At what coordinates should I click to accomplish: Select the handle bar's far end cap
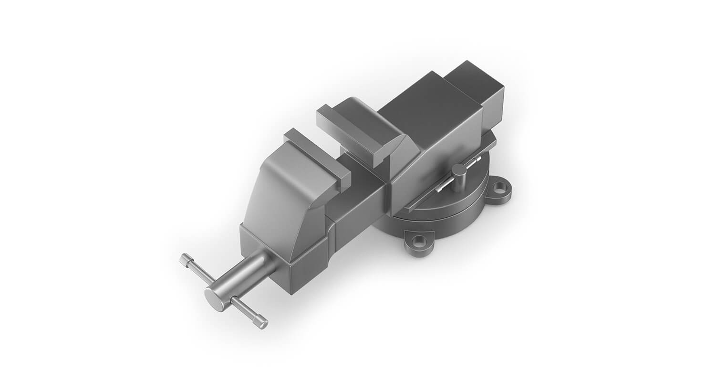click(184, 259)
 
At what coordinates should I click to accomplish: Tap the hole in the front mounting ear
click(419, 242)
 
